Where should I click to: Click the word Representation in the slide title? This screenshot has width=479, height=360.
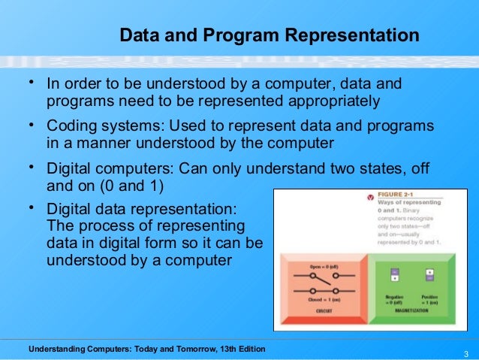[x=357, y=35]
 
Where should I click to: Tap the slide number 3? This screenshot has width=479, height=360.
[x=466, y=355]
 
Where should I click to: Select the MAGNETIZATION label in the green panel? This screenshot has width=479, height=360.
[x=409, y=309]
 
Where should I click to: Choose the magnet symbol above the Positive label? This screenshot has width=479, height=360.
[x=429, y=276]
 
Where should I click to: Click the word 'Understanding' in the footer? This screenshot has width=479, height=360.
[x=56, y=349]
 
